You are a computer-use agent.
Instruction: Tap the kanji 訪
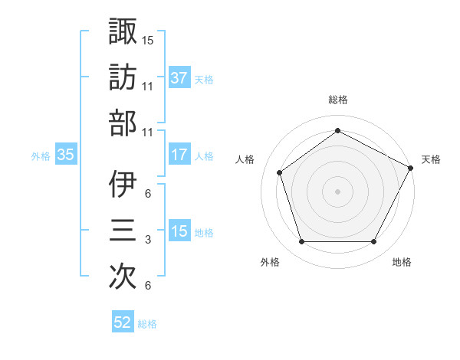tap(123, 77)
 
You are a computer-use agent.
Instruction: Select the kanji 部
tap(123, 122)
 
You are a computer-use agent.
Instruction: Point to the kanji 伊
tap(123, 185)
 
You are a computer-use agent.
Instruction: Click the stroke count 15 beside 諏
tap(148, 39)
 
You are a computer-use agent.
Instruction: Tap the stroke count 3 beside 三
tap(148, 241)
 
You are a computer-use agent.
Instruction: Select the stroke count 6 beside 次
tap(148, 286)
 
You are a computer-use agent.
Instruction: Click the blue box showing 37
tap(179, 77)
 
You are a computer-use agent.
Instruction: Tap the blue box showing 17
tap(179, 155)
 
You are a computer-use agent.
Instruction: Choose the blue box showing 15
tap(179, 231)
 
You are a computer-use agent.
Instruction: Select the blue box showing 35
tap(66, 155)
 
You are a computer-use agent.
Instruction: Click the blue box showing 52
tap(123, 323)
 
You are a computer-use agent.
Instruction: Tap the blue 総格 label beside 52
tap(147, 324)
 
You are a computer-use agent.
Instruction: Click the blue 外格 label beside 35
tap(41, 155)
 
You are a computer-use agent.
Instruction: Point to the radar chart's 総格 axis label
tap(338, 100)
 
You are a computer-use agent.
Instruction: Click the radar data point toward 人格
tap(280, 172)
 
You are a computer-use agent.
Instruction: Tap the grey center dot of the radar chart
tap(338, 191)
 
